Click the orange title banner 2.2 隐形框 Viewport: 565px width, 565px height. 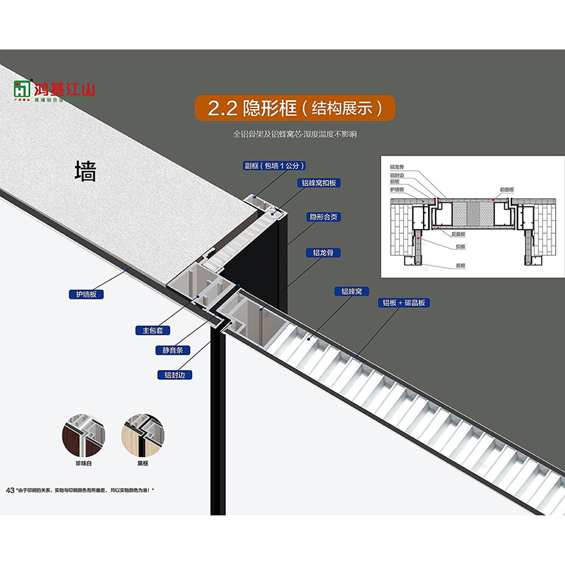pos(294,107)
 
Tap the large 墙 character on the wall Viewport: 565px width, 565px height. pos(85,171)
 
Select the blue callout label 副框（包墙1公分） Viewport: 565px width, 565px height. pos(274,166)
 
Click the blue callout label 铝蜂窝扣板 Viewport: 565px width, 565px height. pos(319,182)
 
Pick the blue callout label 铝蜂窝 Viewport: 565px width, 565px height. pos(351,291)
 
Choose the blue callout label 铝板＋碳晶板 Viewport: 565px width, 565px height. pos(405,302)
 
